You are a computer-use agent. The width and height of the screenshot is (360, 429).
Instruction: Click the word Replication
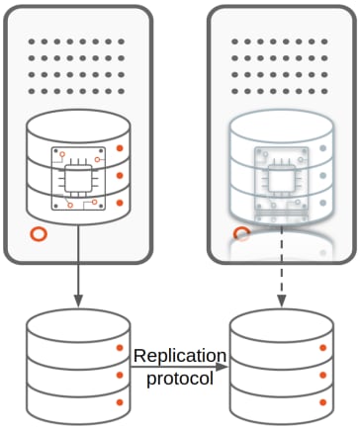pos(180,356)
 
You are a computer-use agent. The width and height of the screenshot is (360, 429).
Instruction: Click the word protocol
pos(180,379)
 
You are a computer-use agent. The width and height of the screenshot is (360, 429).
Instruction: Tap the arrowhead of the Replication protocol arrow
pos(223,367)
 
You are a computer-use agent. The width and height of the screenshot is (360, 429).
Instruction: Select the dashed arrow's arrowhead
pos(281,300)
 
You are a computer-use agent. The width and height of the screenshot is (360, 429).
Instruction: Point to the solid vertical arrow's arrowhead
pos(78,300)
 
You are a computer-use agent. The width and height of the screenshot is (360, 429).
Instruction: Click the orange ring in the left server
pos(39,234)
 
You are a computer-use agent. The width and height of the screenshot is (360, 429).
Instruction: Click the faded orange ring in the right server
pos(241,234)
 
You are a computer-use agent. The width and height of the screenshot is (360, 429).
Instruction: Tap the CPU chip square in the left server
pos(78,179)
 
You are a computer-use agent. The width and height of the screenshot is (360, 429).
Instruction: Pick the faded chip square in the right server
pos(281,179)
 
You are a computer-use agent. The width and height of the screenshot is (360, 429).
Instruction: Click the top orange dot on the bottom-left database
pos(120,348)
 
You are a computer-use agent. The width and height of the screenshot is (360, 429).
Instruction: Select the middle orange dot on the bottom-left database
pos(120,375)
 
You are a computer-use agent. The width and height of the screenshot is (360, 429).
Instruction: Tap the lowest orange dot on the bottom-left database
pos(120,402)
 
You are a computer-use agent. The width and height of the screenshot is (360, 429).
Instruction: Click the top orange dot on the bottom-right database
pos(323,348)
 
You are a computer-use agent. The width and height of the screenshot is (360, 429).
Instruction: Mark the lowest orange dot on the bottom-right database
pos(323,402)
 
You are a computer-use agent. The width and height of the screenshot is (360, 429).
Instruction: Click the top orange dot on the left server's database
pos(120,148)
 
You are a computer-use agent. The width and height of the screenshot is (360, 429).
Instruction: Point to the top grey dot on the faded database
pos(323,148)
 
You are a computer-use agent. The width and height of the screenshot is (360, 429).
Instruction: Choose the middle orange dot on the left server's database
pos(120,176)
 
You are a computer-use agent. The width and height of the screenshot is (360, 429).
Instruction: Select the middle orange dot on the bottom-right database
pos(323,375)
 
